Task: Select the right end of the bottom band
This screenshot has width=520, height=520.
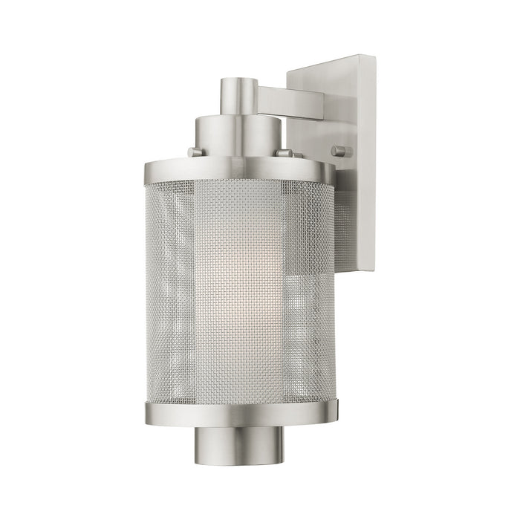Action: pyautogui.click(x=336, y=407)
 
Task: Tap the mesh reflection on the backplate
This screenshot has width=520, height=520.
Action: pyautogui.click(x=343, y=223)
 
